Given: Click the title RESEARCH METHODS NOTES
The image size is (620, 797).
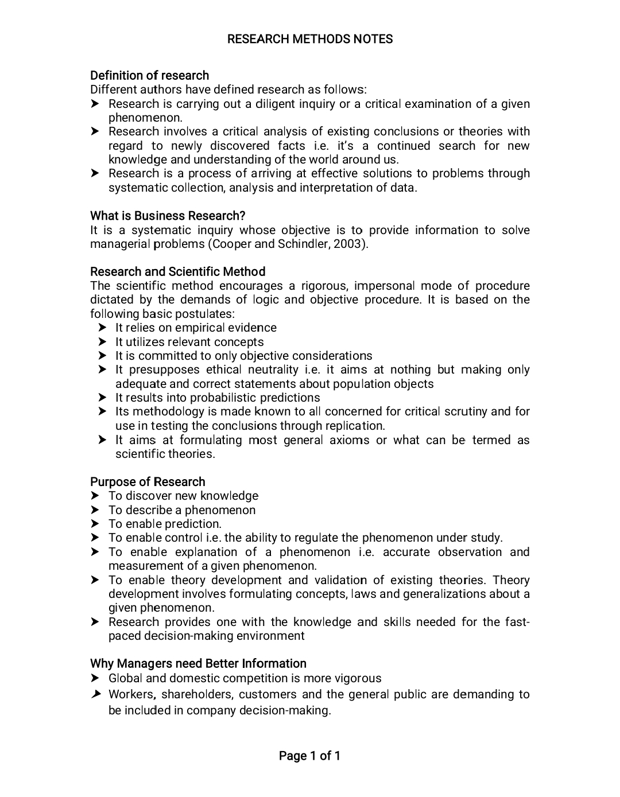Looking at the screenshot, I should point(310,39).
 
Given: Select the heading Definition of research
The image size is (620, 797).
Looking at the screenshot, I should point(149,76).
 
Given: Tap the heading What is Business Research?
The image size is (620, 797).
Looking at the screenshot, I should point(168,216).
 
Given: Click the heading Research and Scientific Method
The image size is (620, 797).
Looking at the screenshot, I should point(177,271).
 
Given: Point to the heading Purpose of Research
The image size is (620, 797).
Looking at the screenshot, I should point(148,482).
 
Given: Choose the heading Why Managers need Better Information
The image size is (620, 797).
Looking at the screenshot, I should point(198,664).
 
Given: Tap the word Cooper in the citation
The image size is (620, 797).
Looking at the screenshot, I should point(231,244).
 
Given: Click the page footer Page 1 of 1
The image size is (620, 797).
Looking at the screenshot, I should point(309,756).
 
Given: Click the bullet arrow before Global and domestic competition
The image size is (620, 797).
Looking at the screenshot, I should point(95,678).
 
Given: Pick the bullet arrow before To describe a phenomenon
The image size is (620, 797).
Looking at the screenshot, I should point(95,510).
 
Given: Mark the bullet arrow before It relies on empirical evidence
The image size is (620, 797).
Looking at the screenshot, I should point(102,328).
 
